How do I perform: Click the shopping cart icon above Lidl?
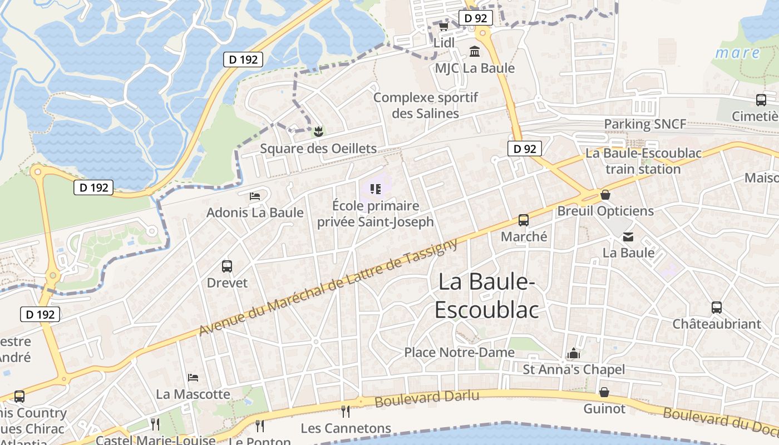[x=443, y=26]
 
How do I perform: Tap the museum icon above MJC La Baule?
[x=475, y=52]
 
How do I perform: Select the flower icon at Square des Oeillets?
[x=318, y=132]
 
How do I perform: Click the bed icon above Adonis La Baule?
[x=255, y=196]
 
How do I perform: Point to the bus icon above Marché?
[x=524, y=220]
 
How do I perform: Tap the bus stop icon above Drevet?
[x=227, y=266]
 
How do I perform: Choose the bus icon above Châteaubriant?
[x=717, y=307]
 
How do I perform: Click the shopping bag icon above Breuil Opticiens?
[x=605, y=195]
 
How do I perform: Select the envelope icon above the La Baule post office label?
[x=628, y=236]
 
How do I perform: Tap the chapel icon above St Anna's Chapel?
[x=574, y=353]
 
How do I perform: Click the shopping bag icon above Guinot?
[x=604, y=392]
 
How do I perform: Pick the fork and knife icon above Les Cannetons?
[x=346, y=411]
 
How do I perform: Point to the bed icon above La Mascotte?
[x=193, y=378]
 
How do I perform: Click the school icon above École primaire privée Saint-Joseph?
[x=375, y=189]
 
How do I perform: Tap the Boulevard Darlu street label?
[x=427, y=398]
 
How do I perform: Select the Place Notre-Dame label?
[x=459, y=352]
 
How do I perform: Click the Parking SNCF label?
[x=645, y=124]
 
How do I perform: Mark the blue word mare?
[x=737, y=53]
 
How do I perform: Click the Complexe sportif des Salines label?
[x=426, y=105]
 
